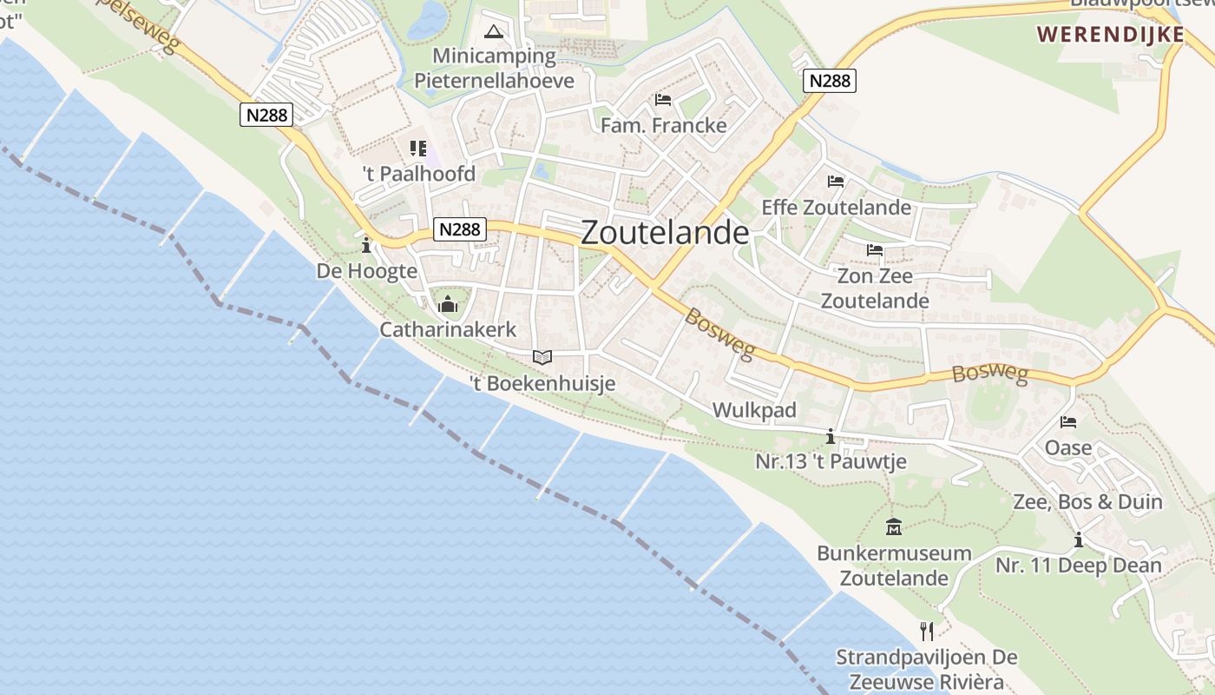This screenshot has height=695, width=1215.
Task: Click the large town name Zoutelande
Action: (664, 233)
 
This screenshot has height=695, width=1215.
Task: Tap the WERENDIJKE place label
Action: (1111, 35)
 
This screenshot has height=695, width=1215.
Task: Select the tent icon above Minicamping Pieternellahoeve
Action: (494, 33)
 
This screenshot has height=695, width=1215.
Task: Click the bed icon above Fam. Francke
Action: (663, 99)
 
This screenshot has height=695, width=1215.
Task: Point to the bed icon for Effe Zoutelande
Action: (836, 182)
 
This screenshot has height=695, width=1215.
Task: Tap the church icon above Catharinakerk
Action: (448, 304)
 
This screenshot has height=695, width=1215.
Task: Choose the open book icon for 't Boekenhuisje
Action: (542, 357)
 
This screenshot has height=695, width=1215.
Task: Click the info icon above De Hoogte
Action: (366, 246)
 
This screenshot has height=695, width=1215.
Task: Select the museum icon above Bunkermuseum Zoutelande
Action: (893, 526)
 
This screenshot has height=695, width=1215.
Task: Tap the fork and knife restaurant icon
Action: (927, 630)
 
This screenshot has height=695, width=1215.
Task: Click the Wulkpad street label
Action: (754, 410)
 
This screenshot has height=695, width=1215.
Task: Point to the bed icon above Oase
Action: (1068, 422)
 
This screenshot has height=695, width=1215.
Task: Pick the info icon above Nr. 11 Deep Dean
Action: (1079, 539)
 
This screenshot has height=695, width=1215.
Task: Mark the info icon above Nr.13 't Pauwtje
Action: (831, 436)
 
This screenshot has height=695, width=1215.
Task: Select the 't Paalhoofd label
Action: (419, 174)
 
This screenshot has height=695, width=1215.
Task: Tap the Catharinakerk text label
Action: (448, 330)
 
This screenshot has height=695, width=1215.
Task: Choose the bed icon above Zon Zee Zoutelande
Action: (875, 250)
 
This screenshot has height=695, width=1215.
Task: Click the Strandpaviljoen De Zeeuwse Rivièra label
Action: (927, 669)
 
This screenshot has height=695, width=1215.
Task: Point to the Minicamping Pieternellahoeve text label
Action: (494, 69)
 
